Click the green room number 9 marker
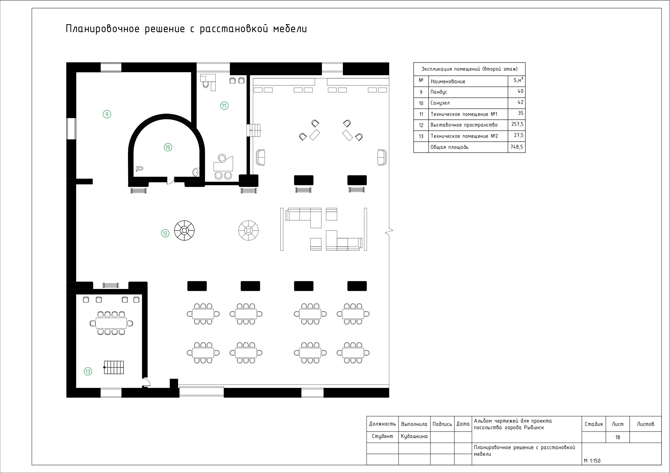click(x=107, y=114)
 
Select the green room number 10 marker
click(x=168, y=147)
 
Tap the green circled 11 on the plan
click(x=224, y=106)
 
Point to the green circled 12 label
click(x=165, y=233)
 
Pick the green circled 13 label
click(x=88, y=371)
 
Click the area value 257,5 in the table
click(x=517, y=124)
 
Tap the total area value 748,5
click(x=517, y=147)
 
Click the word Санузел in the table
click(x=440, y=103)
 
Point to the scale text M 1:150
click(x=592, y=461)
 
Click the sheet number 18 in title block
click(x=618, y=437)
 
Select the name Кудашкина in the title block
click(x=414, y=436)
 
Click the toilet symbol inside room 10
click(x=140, y=168)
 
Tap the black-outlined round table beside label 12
click(x=184, y=231)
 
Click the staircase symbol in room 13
click(x=114, y=367)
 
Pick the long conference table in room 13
click(x=111, y=323)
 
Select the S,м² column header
click(x=518, y=80)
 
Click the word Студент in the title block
click(x=382, y=436)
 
